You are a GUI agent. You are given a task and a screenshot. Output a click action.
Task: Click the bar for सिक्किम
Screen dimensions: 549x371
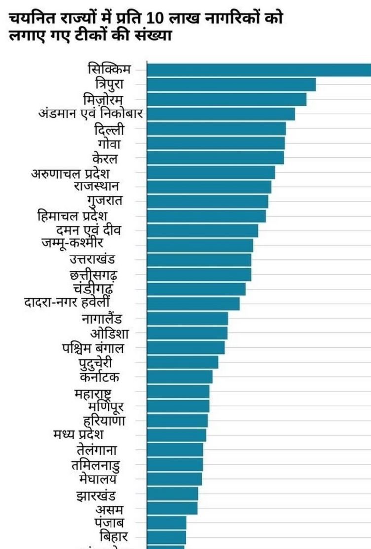(x=259, y=70)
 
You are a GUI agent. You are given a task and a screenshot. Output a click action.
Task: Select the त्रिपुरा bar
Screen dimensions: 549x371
(x=231, y=85)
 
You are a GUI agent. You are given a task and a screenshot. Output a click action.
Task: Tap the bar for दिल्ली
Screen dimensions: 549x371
(x=216, y=129)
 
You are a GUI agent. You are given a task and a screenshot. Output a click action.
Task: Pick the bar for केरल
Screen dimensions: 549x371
(x=215, y=158)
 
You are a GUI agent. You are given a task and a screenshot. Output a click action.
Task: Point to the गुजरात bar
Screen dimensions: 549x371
(x=208, y=201)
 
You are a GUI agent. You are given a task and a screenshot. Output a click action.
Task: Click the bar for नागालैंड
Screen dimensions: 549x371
(x=187, y=318)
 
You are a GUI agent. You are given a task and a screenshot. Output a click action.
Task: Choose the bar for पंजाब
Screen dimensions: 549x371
(x=167, y=522)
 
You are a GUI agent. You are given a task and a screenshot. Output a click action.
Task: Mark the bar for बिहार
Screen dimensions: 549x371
(x=166, y=537)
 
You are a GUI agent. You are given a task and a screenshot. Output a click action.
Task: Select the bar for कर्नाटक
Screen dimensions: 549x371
(x=180, y=377)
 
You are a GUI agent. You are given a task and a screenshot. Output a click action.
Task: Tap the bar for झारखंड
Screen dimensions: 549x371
(x=173, y=494)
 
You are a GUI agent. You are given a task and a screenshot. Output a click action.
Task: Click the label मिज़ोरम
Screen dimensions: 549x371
(x=104, y=100)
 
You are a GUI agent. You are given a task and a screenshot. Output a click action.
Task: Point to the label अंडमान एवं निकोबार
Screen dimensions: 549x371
(x=90, y=114)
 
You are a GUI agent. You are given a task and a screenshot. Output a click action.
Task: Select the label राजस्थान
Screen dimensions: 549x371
(x=96, y=186)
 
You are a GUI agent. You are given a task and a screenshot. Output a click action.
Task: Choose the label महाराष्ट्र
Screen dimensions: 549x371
(x=92, y=394)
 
